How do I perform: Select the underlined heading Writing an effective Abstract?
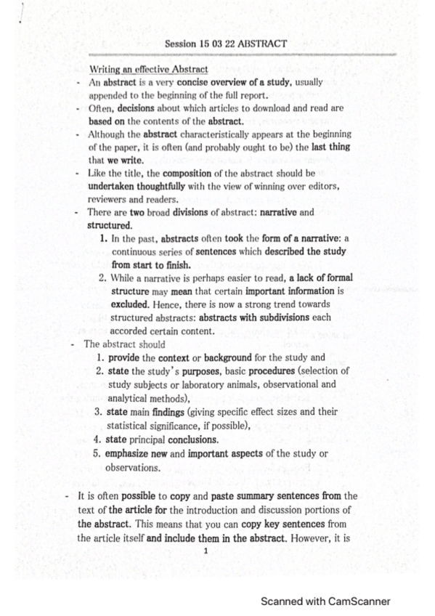tap(148, 69)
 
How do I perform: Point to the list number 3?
tap(99, 411)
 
